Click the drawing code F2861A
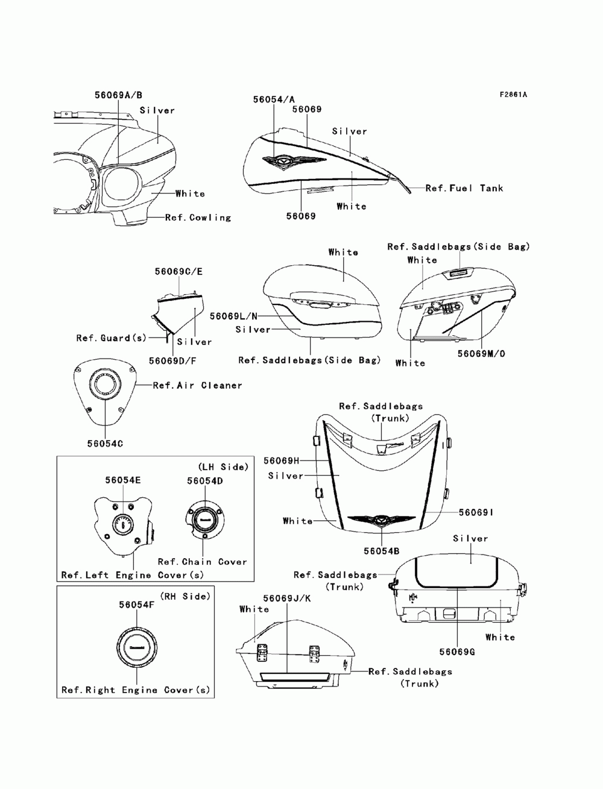click(513, 95)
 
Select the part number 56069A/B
click(118, 95)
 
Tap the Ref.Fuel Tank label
click(464, 188)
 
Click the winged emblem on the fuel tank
click(294, 162)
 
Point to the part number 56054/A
click(274, 99)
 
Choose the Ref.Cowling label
click(198, 218)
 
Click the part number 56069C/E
click(178, 271)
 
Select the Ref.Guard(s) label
click(112, 338)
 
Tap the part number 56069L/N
click(234, 316)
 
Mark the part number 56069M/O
click(481, 354)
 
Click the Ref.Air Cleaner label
click(197, 385)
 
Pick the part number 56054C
click(105, 444)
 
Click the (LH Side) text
click(223, 467)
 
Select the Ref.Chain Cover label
click(203, 562)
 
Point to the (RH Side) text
click(185, 596)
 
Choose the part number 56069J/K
click(287, 598)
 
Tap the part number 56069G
click(457, 652)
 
